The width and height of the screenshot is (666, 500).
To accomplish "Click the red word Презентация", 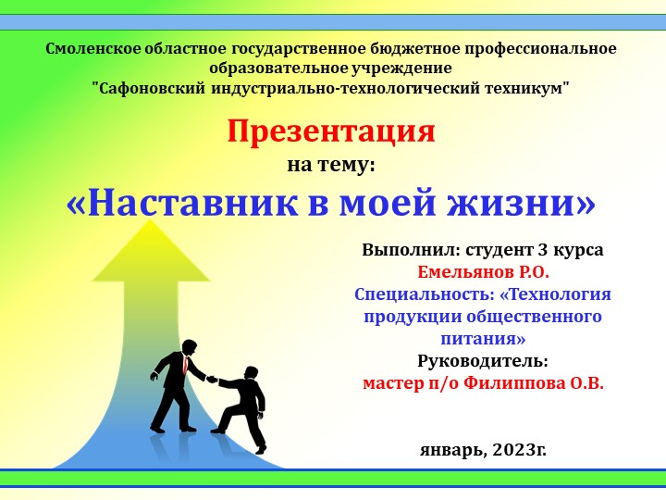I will tap(331, 131).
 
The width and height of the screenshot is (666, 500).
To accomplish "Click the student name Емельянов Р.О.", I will tap(483, 272).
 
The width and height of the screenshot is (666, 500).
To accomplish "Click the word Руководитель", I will tap(483, 360).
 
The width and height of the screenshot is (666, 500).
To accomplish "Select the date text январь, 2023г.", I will tap(483, 449).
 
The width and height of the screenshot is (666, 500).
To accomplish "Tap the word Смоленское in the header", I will tap(96, 47).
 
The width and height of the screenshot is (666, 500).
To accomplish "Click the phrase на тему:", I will tap(331, 165).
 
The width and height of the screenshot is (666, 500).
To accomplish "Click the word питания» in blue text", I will tap(483, 339).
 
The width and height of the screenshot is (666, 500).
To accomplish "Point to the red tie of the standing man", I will tap(187, 365).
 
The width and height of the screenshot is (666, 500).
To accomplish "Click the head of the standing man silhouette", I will tap(190, 346).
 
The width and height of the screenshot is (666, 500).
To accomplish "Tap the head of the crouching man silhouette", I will tap(252, 371).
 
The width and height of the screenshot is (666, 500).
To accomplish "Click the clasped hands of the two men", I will tap(211, 378).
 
